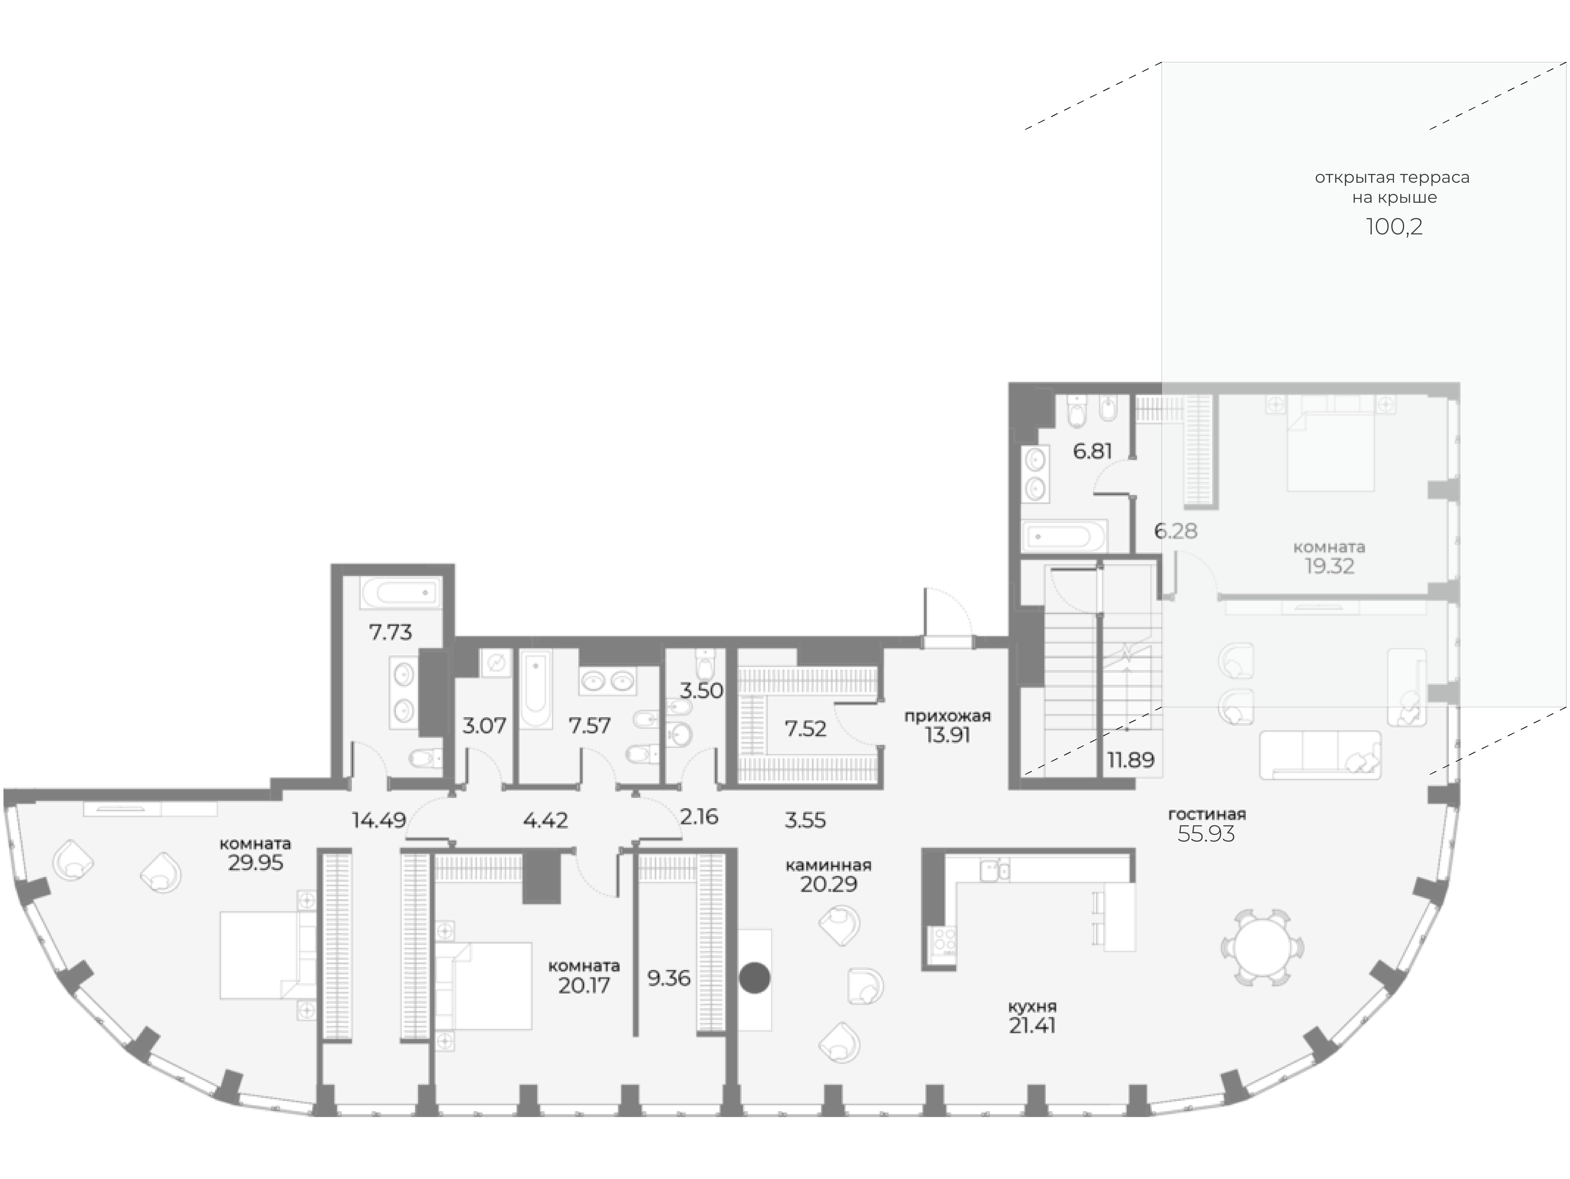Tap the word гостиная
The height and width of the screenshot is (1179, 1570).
tap(1207, 814)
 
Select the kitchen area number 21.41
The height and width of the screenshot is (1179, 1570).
tap(1032, 1026)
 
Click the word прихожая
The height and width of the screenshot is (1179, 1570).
tap(947, 716)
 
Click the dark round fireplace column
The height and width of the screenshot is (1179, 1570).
tap(754, 977)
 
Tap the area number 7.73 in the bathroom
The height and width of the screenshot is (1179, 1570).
tap(390, 632)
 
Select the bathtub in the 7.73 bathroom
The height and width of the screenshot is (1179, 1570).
tap(400, 592)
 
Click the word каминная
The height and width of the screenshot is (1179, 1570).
tap(828, 865)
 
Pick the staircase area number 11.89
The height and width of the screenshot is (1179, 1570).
tap(1131, 759)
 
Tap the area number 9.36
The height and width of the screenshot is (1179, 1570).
tap(669, 978)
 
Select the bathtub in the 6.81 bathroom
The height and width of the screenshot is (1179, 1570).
tap(1063, 536)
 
